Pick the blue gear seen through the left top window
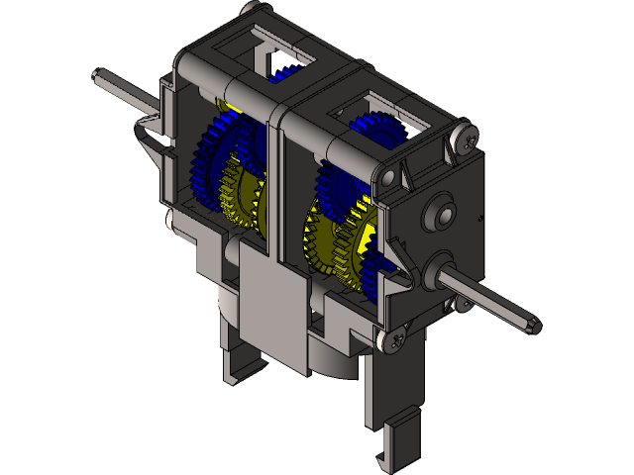tap(280, 70)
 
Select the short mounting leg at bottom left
tap(238, 356)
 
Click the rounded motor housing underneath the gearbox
tap(327, 356)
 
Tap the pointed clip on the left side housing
tap(149, 134)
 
